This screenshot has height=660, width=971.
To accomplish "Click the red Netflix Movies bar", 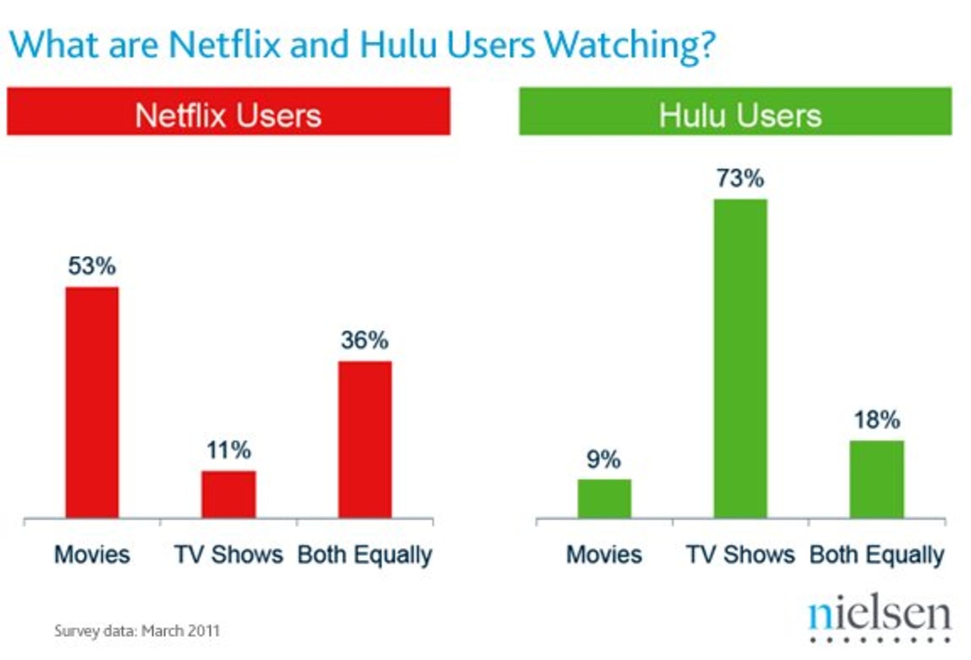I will coord(92,402).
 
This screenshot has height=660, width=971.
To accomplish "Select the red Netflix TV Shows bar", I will coord(229,494).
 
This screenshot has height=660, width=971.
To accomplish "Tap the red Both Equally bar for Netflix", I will coord(365,439).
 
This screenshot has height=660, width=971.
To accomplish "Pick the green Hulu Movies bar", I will coord(604,498).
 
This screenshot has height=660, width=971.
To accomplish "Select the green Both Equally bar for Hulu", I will coord(876,479).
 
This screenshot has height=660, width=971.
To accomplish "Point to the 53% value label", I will coord(92,266).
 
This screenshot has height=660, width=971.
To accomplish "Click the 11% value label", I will coord(229,450).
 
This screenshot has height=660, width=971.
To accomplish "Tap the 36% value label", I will coord(365,340).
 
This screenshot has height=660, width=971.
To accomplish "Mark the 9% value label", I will coord(604,459).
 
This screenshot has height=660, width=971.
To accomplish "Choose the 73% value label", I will coord(741,178).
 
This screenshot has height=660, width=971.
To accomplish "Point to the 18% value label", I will coord(876,420).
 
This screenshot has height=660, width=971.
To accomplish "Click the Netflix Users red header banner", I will coord(229,112).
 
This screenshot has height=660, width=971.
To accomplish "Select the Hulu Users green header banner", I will coord(735,112).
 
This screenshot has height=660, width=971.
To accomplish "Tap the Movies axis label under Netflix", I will coord(92,555).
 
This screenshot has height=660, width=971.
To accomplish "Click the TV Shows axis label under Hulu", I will coord(741,555).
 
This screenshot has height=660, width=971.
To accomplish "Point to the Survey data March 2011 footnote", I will coord(137,631).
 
